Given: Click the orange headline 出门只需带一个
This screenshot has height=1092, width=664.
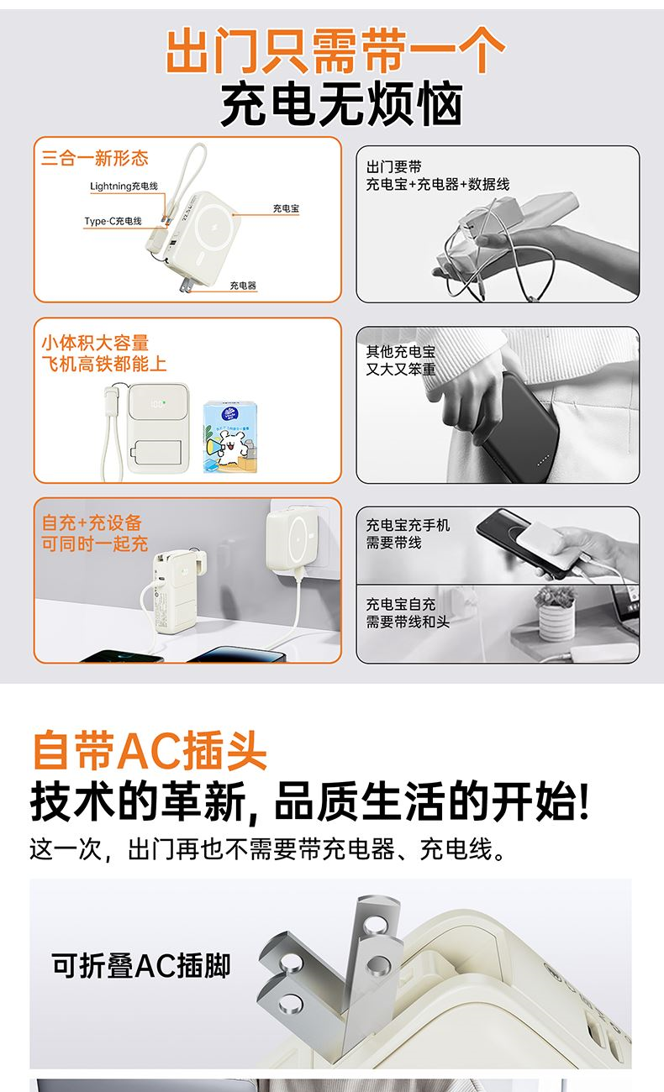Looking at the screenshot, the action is [x=335, y=51].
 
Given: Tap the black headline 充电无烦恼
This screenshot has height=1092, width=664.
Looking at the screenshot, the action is [x=341, y=103].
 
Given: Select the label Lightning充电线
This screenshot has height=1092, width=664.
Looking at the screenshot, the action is [x=124, y=186].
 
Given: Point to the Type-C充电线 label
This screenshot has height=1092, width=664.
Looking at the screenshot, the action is [x=113, y=221].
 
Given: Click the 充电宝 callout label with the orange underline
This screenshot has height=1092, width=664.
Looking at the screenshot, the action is [x=286, y=208].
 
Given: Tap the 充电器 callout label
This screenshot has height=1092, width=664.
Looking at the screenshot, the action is [x=243, y=286].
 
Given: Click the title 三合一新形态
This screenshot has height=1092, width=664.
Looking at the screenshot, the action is [x=95, y=158].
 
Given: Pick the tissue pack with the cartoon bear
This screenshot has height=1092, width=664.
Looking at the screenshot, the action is [x=229, y=437].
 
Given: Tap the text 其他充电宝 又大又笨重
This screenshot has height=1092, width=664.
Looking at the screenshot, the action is [x=401, y=360].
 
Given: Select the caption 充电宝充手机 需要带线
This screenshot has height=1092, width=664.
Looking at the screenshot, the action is [x=408, y=533].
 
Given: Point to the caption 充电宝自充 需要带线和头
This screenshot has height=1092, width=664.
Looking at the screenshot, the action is [x=408, y=613].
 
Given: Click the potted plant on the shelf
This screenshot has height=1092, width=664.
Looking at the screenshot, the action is [x=556, y=613].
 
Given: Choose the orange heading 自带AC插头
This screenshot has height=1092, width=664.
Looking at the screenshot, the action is [x=150, y=750].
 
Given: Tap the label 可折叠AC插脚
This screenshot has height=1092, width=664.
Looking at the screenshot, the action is [x=141, y=965].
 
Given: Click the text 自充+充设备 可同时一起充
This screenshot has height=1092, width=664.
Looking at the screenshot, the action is [x=95, y=533].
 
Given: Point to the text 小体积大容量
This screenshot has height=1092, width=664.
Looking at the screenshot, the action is [x=95, y=343].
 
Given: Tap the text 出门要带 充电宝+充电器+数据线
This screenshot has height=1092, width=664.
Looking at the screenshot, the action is [x=438, y=176].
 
